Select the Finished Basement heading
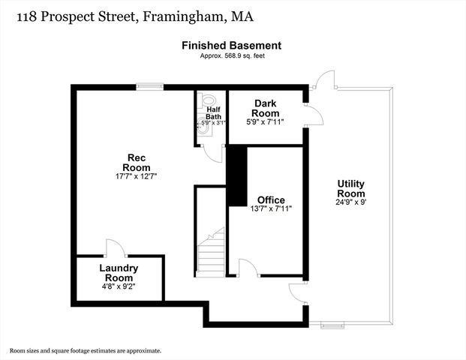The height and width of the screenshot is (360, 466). coord(232,46)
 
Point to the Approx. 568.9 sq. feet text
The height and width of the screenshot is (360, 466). coord(232,55)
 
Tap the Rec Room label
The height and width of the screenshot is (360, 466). coord(136,162)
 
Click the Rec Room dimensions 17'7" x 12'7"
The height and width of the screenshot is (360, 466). coord(136,175)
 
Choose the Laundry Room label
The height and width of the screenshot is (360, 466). coord(119,272)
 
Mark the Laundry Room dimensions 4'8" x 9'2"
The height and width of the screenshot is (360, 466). coord(119,286)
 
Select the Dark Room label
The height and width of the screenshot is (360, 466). coord(266,108)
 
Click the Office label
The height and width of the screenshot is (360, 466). coord(271,199)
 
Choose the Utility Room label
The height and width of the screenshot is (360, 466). coord(351,188)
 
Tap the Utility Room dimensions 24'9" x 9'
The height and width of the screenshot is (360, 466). coord(351,202)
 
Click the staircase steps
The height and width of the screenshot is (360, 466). coord(211,255)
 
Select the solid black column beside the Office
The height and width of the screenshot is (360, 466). coord(237,176)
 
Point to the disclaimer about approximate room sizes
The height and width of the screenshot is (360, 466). coord(85,350)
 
